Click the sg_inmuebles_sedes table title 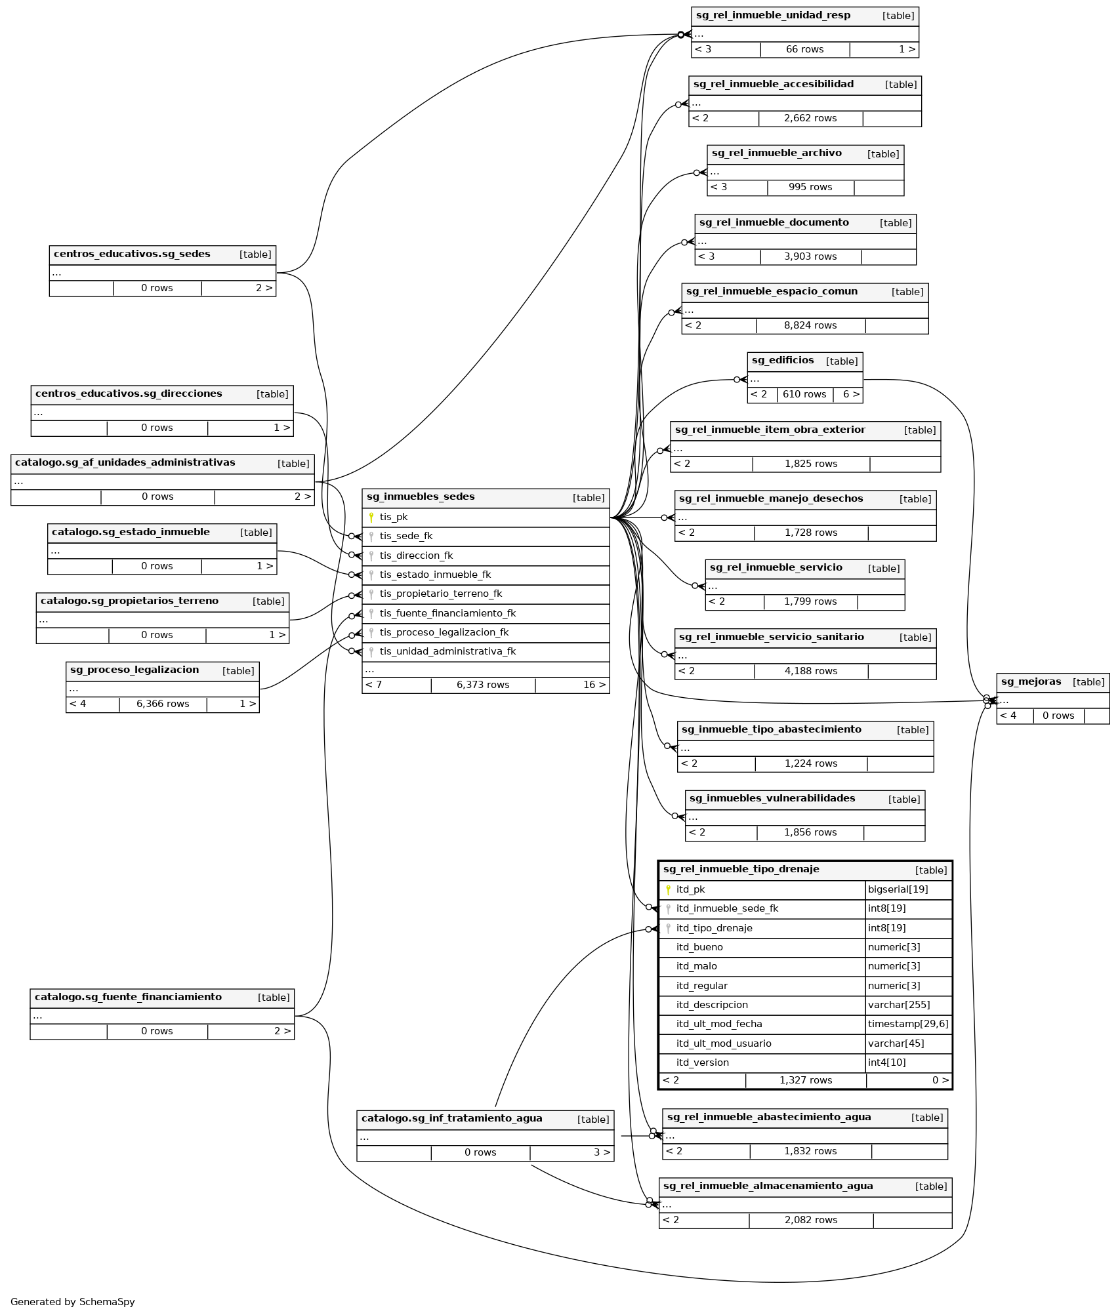[x=421, y=497]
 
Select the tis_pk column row [x=394, y=517]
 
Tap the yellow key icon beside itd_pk [x=668, y=890]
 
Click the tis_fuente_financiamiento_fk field [x=447, y=614]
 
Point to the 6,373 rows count [x=483, y=685]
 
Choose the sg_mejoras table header [x=1031, y=682]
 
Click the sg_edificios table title [x=783, y=361]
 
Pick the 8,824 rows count [x=810, y=326]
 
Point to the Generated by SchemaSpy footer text [x=73, y=1302]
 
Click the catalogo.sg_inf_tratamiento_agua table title [x=451, y=1119]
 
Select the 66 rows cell [x=804, y=50]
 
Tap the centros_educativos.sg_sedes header [x=132, y=254]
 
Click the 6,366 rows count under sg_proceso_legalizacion [x=163, y=704]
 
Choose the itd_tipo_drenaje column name [x=714, y=928]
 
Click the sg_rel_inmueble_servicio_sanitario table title [x=771, y=637]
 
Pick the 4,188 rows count [x=811, y=672]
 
